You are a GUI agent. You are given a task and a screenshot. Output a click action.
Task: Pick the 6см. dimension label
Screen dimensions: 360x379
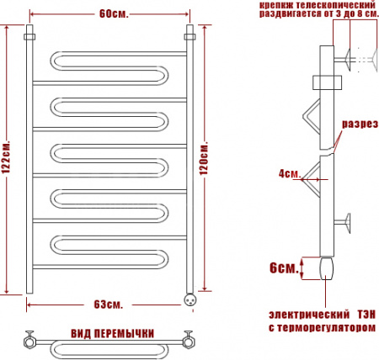(x=286, y=268)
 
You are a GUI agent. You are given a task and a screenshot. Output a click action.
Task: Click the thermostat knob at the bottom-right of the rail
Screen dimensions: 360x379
(x=190, y=295)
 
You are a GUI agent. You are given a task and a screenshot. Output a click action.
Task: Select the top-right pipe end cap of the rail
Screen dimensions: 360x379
(x=189, y=38)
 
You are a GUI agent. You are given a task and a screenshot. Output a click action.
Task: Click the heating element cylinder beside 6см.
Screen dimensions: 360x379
(x=326, y=268)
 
